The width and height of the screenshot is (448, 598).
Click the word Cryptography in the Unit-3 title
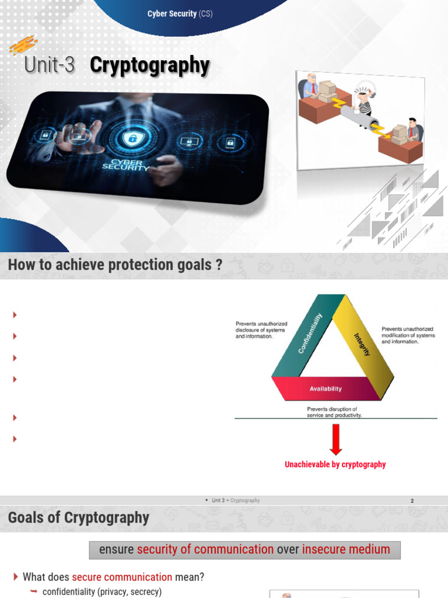(149, 65)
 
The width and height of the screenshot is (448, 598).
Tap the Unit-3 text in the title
(50, 65)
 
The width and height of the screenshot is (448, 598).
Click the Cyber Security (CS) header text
(180, 13)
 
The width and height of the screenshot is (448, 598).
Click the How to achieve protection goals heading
(115, 265)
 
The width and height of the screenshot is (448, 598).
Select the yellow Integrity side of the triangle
(363, 344)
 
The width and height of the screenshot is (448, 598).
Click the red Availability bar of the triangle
(325, 388)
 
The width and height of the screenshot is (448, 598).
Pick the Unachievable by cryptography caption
(335, 464)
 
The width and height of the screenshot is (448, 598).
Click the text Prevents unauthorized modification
(408, 335)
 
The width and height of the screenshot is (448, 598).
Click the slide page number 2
(412, 501)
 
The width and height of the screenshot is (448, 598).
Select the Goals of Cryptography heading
(79, 518)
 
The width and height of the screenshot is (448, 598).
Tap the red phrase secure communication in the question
(122, 577)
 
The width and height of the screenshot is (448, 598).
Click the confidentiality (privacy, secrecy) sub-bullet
(101, 592)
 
